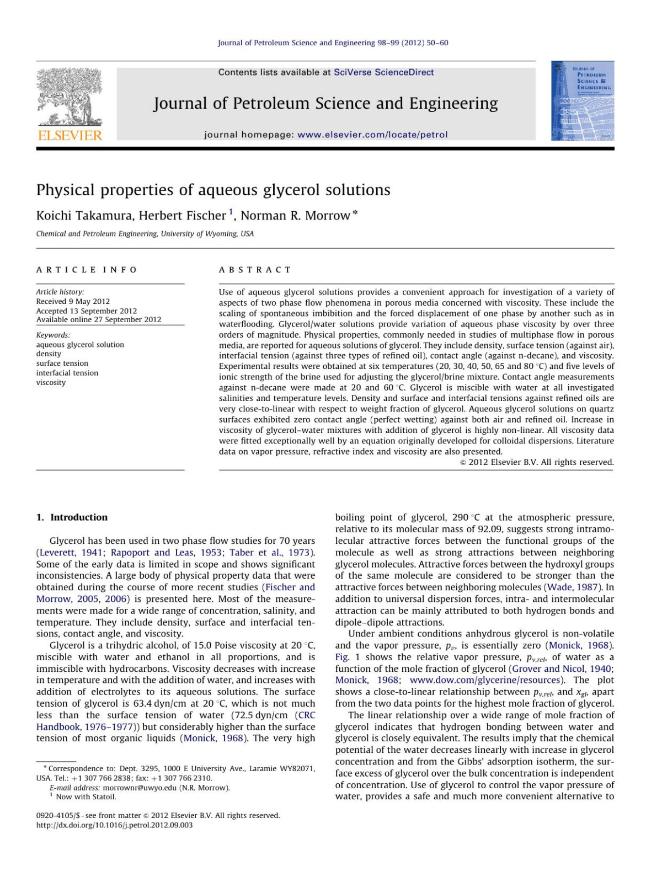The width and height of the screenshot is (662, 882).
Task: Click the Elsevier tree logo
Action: click(70, 103)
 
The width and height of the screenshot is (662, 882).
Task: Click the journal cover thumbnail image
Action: click(582, 100)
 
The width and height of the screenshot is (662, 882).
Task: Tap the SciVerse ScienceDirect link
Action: click(383, 72)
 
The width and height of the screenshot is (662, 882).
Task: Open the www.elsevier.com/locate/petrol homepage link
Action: click(372, 135)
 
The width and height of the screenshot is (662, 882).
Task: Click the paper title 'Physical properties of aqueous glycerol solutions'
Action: click(213, 190)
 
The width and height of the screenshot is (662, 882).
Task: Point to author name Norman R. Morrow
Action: click(295, 216)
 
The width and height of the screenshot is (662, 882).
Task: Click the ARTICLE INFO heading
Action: click(87, 270)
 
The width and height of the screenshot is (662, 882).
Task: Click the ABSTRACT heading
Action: click(255, 270)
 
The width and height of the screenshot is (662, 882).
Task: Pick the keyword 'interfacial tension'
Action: click(67, 373)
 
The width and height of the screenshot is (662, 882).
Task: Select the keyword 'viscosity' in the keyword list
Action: click(51, 382)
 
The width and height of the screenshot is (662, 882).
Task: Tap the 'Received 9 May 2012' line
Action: click(73, 301)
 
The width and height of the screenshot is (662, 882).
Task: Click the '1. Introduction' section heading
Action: click(72, 517)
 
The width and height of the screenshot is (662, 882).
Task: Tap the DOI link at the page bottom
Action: click(114, 825)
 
